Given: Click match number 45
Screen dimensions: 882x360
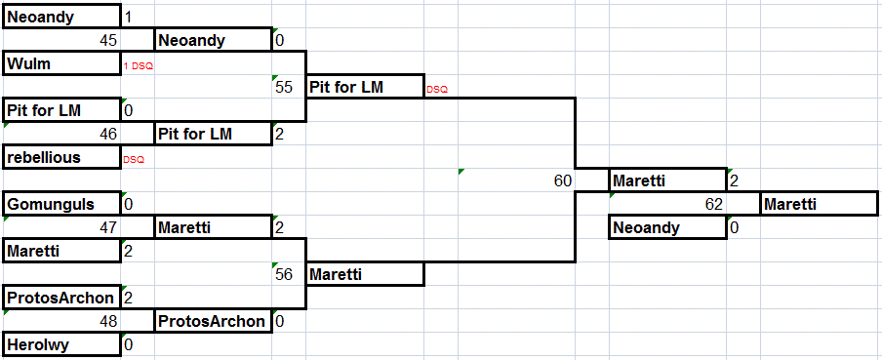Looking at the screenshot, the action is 108,41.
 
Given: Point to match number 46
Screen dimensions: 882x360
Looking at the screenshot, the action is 108,134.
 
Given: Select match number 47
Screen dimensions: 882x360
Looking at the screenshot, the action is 108,227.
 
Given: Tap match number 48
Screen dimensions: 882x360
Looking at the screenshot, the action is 108,321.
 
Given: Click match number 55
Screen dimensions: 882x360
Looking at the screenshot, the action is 284,87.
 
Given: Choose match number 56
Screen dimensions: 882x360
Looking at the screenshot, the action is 284,274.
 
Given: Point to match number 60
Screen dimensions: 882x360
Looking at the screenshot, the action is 563,180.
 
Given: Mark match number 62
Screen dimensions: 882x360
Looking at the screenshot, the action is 714,204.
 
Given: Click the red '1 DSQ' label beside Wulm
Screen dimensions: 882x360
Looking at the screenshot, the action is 139,66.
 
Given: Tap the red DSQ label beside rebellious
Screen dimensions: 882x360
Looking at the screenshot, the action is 134,160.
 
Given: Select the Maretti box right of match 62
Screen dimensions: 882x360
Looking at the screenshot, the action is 819,204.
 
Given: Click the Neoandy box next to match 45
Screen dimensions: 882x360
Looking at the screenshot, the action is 214,40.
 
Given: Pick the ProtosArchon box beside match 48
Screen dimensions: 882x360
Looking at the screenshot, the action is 214,321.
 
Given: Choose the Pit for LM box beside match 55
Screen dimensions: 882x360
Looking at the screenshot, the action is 365,87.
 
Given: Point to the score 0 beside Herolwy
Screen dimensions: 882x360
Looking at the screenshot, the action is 128,344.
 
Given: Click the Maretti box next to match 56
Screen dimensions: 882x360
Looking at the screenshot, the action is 365,274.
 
